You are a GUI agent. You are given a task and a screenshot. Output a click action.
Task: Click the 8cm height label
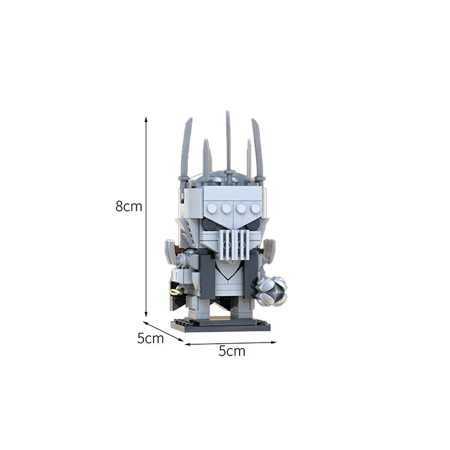[x=129, y=206]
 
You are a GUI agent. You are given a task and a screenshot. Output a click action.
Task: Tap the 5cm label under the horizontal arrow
[x=232, y=352]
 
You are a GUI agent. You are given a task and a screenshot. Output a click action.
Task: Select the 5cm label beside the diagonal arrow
[x=150, y=338]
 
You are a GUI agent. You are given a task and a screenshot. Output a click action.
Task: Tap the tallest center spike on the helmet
[x=228, y=141]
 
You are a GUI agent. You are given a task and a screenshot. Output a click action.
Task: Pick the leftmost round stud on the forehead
[x=212, y=208]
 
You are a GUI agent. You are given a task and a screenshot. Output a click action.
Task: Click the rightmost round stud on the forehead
[x=255, y=208]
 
